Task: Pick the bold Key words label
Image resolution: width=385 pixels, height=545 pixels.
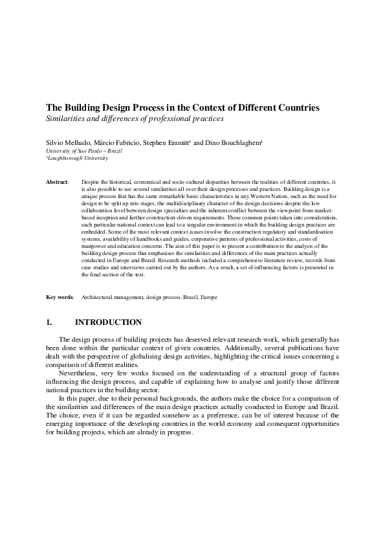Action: click(x=59, y=297)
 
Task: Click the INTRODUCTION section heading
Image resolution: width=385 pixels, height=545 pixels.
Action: click(x=108, y=322)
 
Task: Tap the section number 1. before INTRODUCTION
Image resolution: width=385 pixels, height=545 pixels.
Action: click(x=49, y=322)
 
